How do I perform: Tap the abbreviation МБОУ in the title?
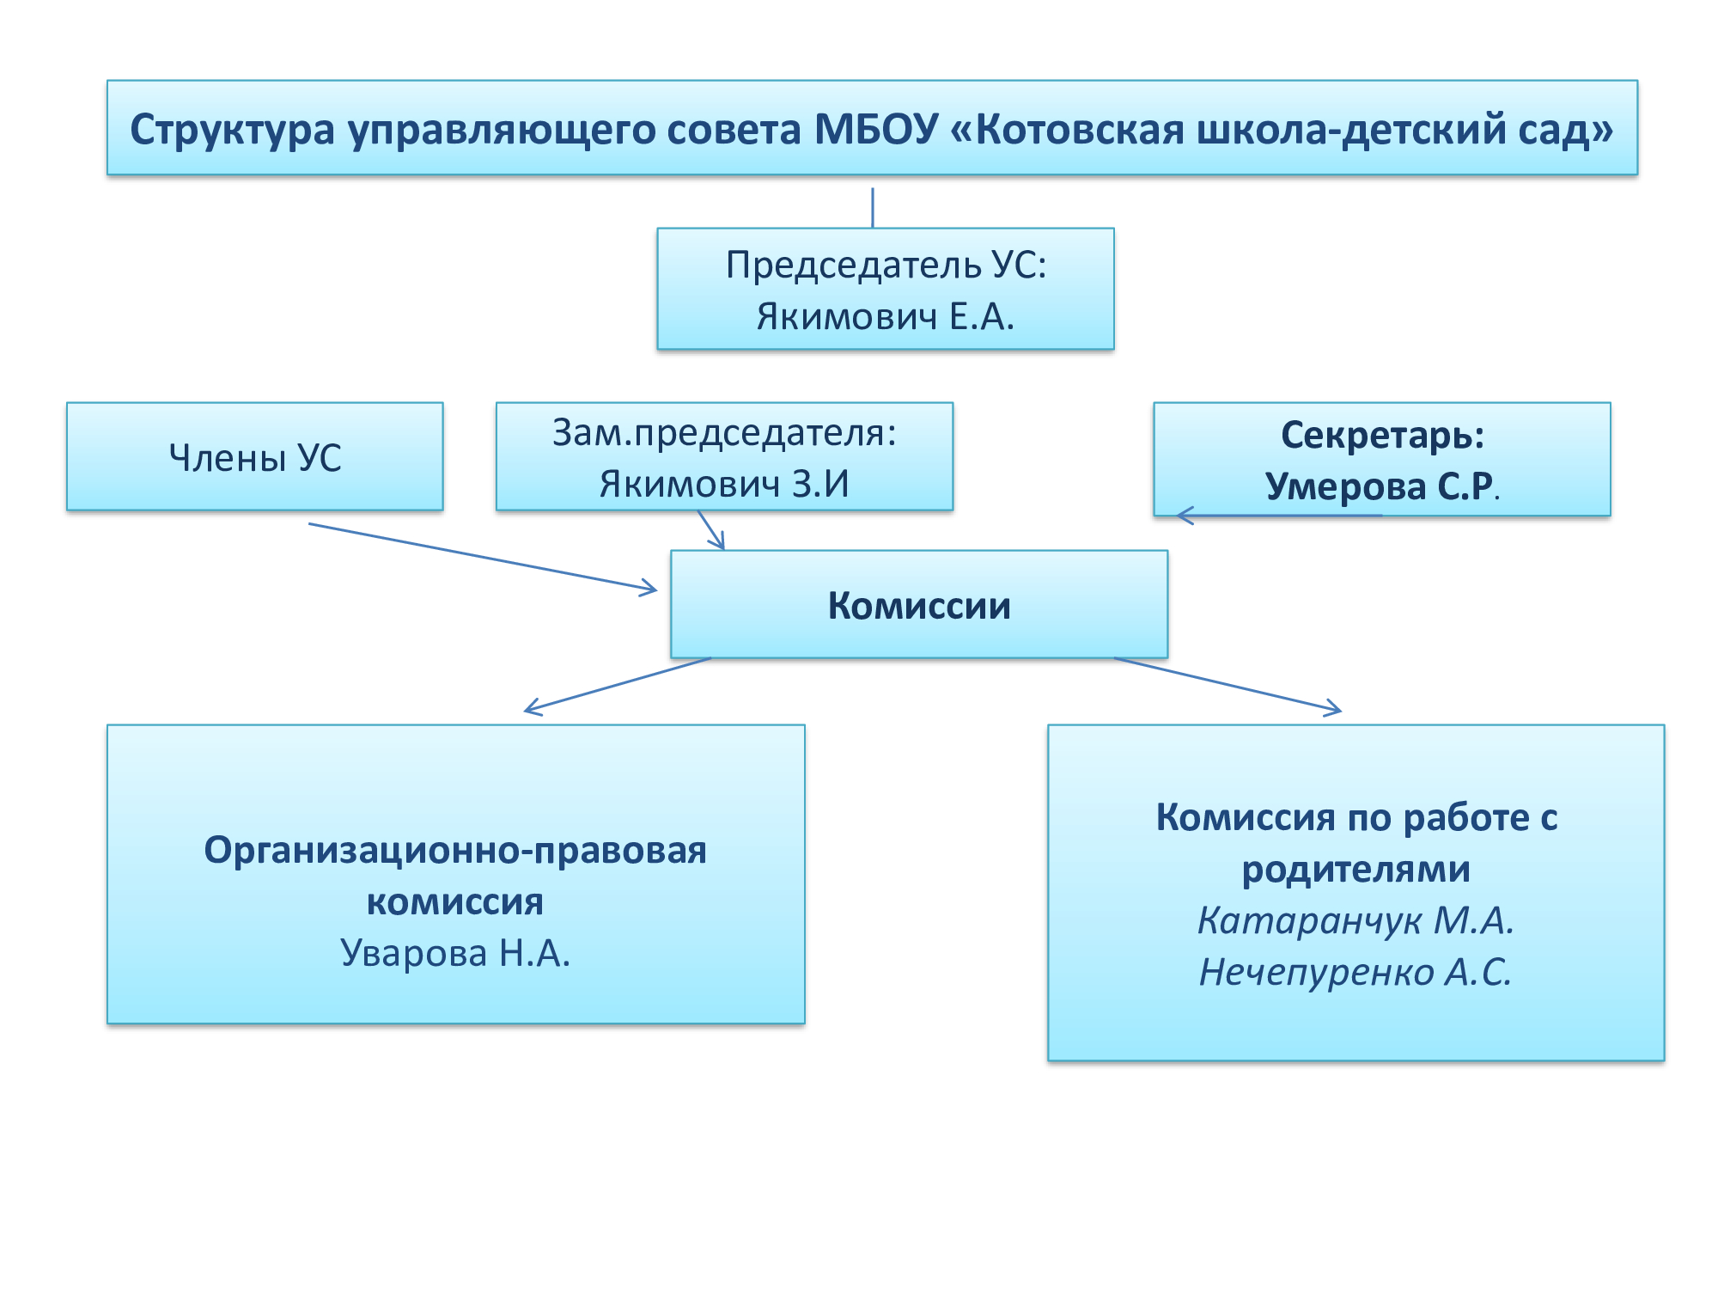coord(876,130)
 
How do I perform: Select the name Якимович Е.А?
coord(885,317)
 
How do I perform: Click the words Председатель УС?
coord(886,265)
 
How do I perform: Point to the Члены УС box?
coord(255,457)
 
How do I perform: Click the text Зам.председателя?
coord(724,432)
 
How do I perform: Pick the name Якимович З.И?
coord(724,484)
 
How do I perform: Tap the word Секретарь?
coord(1382,435)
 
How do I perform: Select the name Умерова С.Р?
coord(1380,486)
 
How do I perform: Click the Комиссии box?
coord(919,605)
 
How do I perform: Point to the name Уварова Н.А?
coord(455,953)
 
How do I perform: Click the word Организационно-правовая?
coord(455,850)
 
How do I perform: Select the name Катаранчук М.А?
coord(1356,920)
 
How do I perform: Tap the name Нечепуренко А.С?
coord(1356,972)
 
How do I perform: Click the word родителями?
coord(1356,869)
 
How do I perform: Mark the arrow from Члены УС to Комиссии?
coord(481,556)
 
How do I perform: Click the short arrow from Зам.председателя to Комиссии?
coord(710,530)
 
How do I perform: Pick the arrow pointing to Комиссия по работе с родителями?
coord(1228,685)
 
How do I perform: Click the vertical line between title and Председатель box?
coord(873,207)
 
